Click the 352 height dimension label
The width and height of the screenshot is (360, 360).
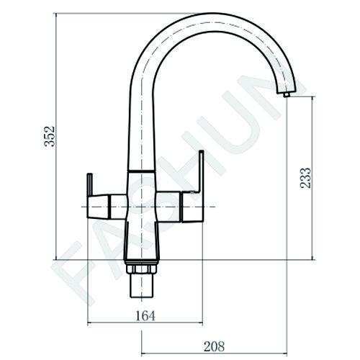(50, 136)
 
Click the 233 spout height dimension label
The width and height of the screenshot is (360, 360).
(305, 178)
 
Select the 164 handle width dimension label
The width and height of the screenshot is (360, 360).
(145, 315)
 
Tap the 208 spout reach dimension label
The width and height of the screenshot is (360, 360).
(214, 346)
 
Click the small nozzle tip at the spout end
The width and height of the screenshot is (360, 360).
(287, 94)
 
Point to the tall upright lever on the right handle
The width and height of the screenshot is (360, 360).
(200, 171)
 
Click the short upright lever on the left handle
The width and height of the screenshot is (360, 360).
(89, 184)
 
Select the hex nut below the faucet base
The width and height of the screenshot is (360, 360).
(141, 269)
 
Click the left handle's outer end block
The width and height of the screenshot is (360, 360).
(98, 207)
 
